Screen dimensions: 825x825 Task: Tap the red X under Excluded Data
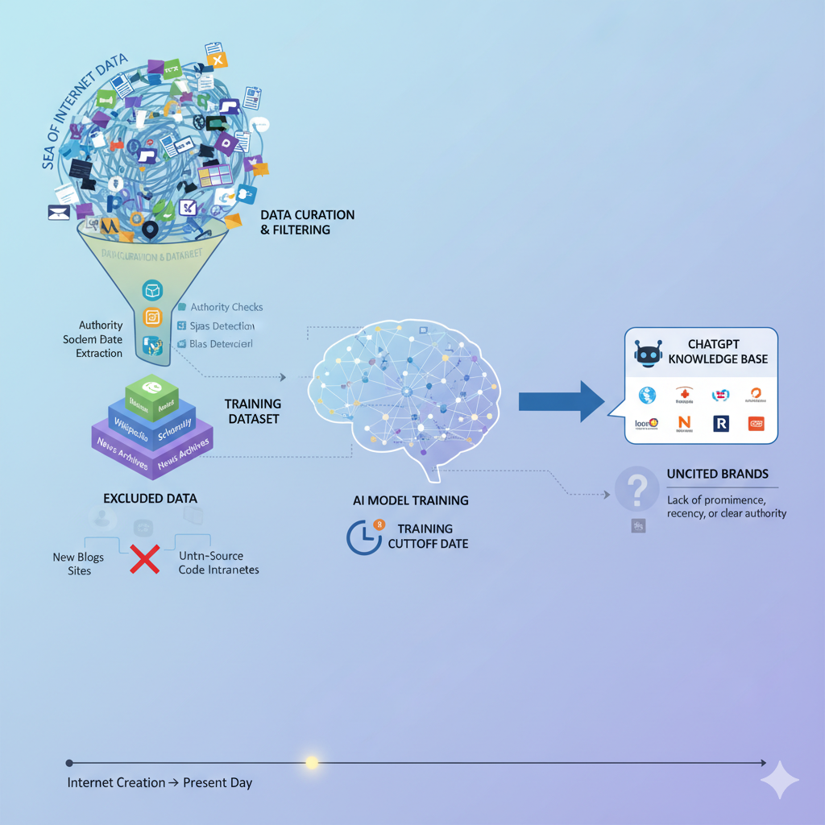tap(144, 557)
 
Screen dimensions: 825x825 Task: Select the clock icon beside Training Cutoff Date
tap(363, 537)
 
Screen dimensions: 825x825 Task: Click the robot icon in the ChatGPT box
tap(648, 354)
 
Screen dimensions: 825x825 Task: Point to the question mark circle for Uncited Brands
tap(637, 489)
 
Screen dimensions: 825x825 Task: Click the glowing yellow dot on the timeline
tap(312, 762)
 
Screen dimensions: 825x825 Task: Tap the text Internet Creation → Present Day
tap(160, 782)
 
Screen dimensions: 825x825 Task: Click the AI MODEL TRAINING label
tap(410, 500)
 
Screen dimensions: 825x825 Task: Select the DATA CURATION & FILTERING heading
tap(307, 222)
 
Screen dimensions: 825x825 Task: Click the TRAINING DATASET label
tap(253, 411)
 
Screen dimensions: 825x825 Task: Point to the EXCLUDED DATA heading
tap(150, 498)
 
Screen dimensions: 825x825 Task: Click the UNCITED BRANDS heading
tap(717, 474)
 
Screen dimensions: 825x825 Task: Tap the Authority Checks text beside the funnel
tap(226, 307)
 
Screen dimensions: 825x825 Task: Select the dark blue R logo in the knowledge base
tap(720, 423)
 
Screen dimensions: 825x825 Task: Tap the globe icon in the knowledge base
tap(647, 395)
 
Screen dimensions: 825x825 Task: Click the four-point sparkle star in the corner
tap(780, 779)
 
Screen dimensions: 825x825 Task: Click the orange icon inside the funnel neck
tap(152, 317)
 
